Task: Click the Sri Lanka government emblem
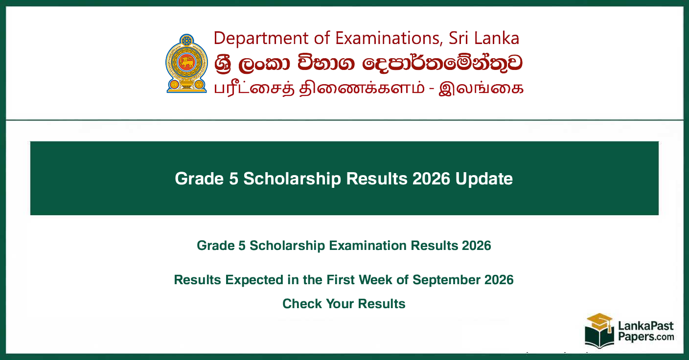[x=186, y=63]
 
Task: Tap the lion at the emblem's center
[x=187, y=63]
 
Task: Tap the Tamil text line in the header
[x=368, y=89]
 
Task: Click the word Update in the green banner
[x=484, y=179]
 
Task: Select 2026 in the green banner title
[x=431, y=179]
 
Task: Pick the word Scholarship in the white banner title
[x=292, y=179]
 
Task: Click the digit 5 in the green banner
[x=233, y=179]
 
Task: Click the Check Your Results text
[x=344, y=304]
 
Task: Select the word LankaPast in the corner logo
[x=646, y=326]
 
